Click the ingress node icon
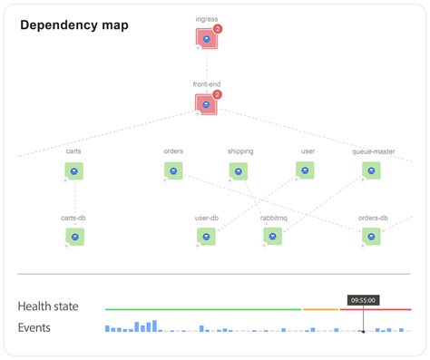click(206, 39)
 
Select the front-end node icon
click(206, 104)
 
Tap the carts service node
click(74, 170)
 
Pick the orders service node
click(173, 170)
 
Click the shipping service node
click(238, 170)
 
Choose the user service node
click(306, 170)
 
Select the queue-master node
click(371, 170)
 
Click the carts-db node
click(74, 236)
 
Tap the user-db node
click(207, 236)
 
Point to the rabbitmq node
click(272, 236)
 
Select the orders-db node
click(371, 236)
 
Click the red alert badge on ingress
click(218, 29)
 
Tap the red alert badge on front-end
click(218, 94)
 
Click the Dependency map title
click(74, 24)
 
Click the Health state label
click(47, 306)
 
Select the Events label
click(34, 327)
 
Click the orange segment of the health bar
click(320, 309)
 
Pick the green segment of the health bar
click(202, 309)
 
